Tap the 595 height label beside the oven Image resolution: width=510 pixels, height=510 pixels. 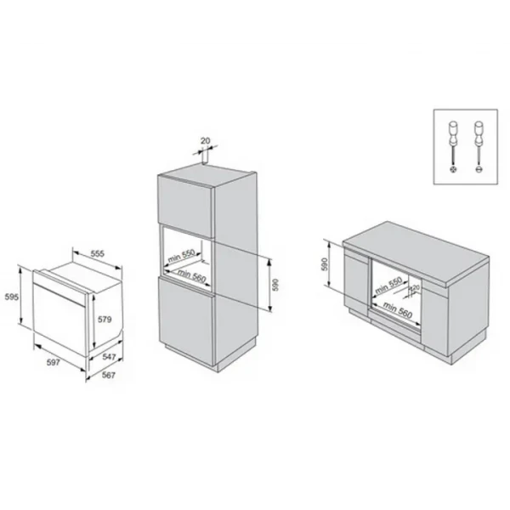(x=12, y=297)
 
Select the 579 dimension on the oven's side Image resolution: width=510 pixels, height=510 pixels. (x=105, y=320)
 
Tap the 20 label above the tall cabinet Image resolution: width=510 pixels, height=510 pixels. (x=204, y=141)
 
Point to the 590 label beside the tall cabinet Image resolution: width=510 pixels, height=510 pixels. (x=275, y=286)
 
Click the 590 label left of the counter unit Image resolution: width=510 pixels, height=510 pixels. (x=325, y=265)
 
